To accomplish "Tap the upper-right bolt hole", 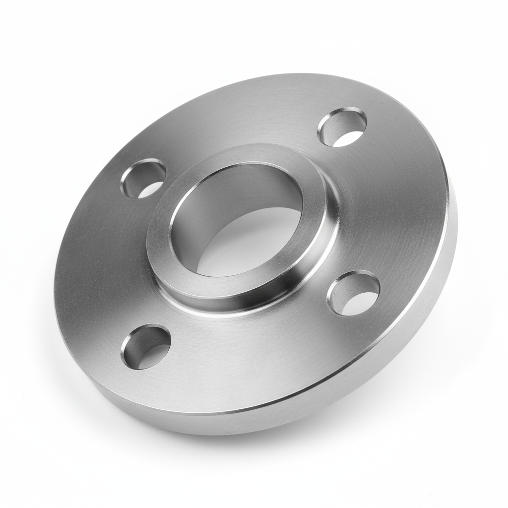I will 342,127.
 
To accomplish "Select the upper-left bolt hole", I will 143,179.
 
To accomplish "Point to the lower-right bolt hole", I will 353,293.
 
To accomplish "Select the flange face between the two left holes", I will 99,263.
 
